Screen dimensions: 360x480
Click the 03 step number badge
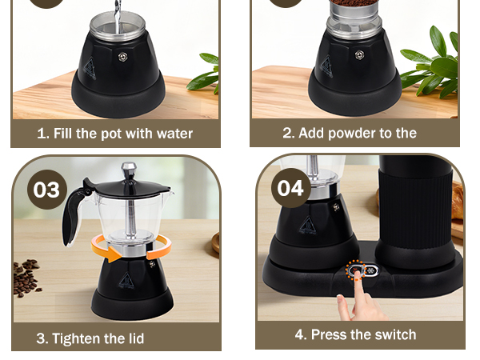click(46, 190)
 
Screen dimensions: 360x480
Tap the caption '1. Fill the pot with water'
click(114, 133)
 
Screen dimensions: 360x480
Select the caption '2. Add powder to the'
click(350, 133)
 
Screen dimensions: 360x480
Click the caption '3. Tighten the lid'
click(90, 338)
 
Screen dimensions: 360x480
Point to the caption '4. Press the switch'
click(355, 334)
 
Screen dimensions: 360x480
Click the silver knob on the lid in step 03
click(129, 170)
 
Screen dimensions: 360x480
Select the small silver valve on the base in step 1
click(122, 55)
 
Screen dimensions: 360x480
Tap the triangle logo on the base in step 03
click(126, 281)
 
